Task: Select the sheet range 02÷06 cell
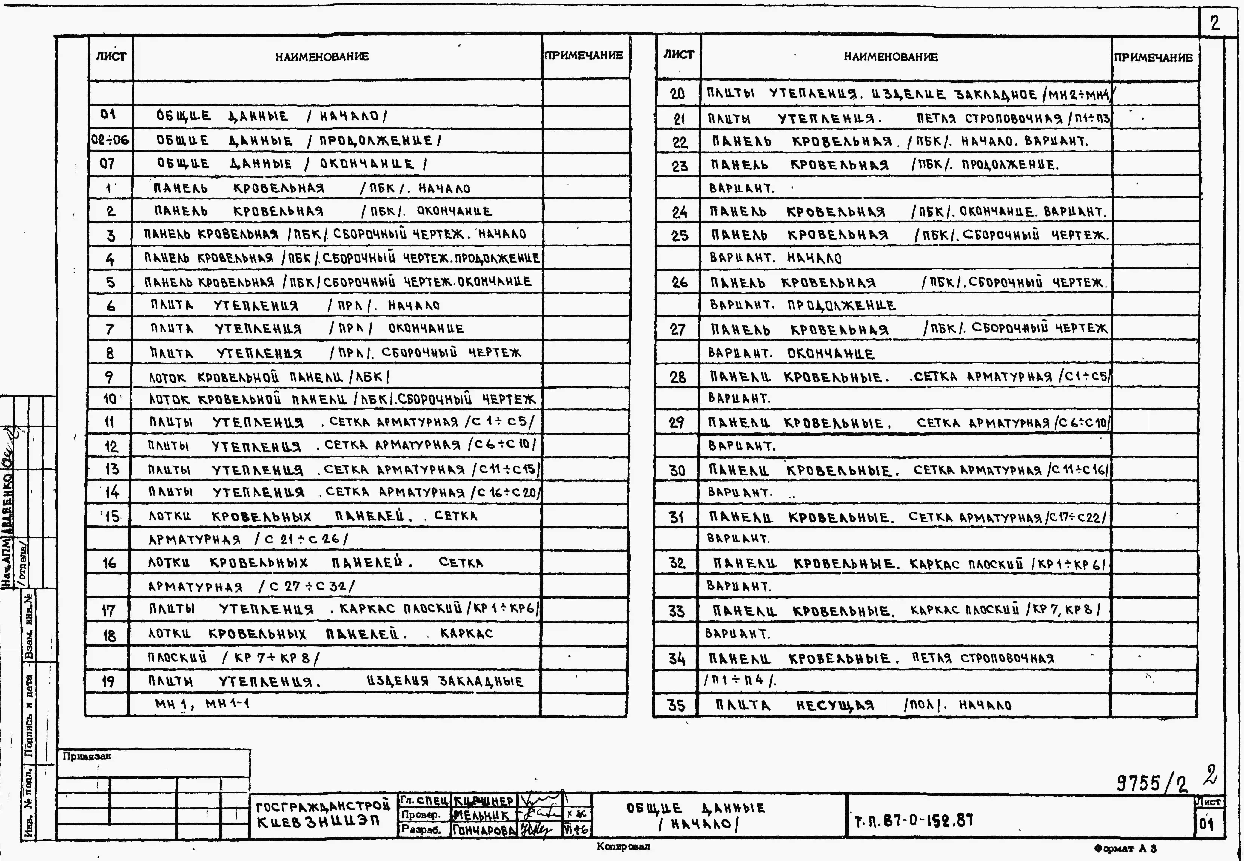click(x=110, y=140)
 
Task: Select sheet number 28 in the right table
click(x=678, y=377)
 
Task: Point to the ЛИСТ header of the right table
click(x=678, y=55)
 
